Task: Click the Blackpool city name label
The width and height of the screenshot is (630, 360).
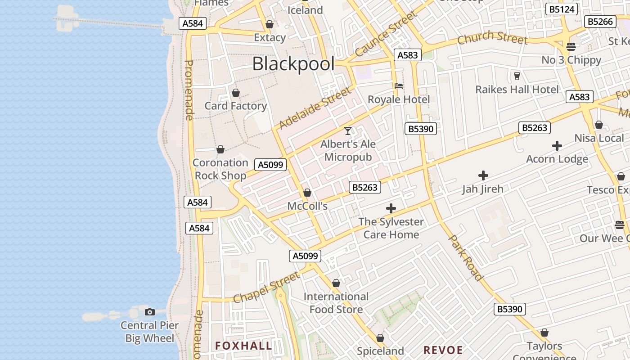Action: click(x=293, y=64)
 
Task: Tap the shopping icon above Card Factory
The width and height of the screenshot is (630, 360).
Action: click(x=236, y=93)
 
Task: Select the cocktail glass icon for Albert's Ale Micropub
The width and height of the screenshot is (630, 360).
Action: click(x=348, y=131)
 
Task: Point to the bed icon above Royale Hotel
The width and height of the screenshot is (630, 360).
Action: click(x=399, y=86)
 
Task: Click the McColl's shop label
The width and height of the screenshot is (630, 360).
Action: click(x=307, y=206)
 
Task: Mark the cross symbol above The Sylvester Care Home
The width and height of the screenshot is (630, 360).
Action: click(x=391, y=208)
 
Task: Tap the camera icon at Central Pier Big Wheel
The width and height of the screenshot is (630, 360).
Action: click(x=150, y=312)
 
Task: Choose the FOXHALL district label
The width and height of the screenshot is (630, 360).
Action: click(x=243, y=346)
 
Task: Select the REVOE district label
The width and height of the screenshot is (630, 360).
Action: click(x=443, y=350)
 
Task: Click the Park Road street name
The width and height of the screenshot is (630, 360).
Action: click(x=466, y=257)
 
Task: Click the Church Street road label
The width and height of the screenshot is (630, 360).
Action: click(x=492, y=38)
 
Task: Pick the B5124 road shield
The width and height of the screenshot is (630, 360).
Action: click(x=561, y=9)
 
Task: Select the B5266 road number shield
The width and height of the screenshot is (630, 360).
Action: click(x=600, y=22)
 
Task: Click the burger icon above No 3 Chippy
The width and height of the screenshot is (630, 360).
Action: click(x=571, y=46)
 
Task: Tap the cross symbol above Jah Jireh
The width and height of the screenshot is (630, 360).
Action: click(x=483, y=175)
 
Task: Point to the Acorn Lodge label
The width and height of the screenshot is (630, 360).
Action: click(x=557, y=159)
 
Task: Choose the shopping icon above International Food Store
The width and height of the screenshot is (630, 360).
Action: click(x=336, y=283)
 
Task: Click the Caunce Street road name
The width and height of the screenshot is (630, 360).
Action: click(x=386, y=35)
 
